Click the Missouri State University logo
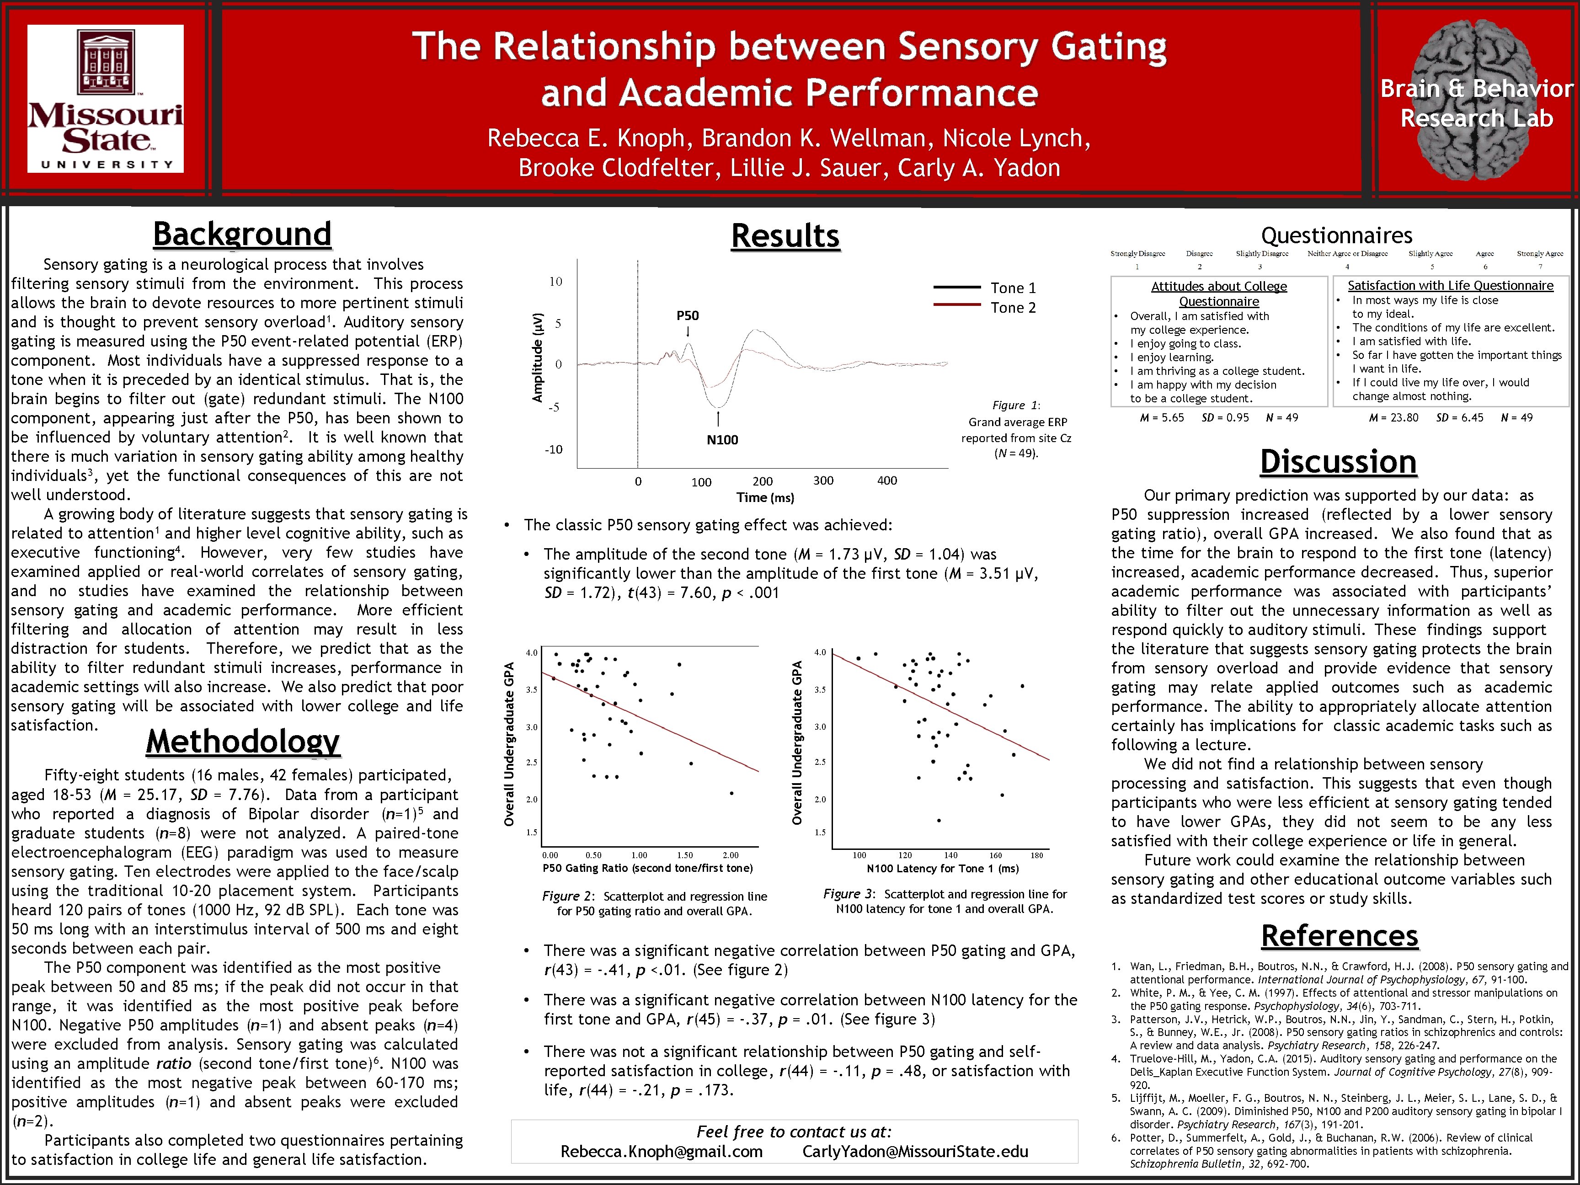tap(106, 99)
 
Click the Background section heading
tap(242, 234)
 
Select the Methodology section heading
tap(242, 742)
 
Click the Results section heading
tap(785, 236)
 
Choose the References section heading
tap(1339, 936)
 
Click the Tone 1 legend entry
tap(1012, 288)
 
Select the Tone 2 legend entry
tap(1012, 308)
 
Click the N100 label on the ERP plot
tap(722, 440)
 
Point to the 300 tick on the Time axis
tap(823, 480)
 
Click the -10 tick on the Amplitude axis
tap(554, 449)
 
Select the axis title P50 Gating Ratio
tap(647, 869)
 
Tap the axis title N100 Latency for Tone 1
tap(942, 869)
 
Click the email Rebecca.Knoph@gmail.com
tap(662, 1152)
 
